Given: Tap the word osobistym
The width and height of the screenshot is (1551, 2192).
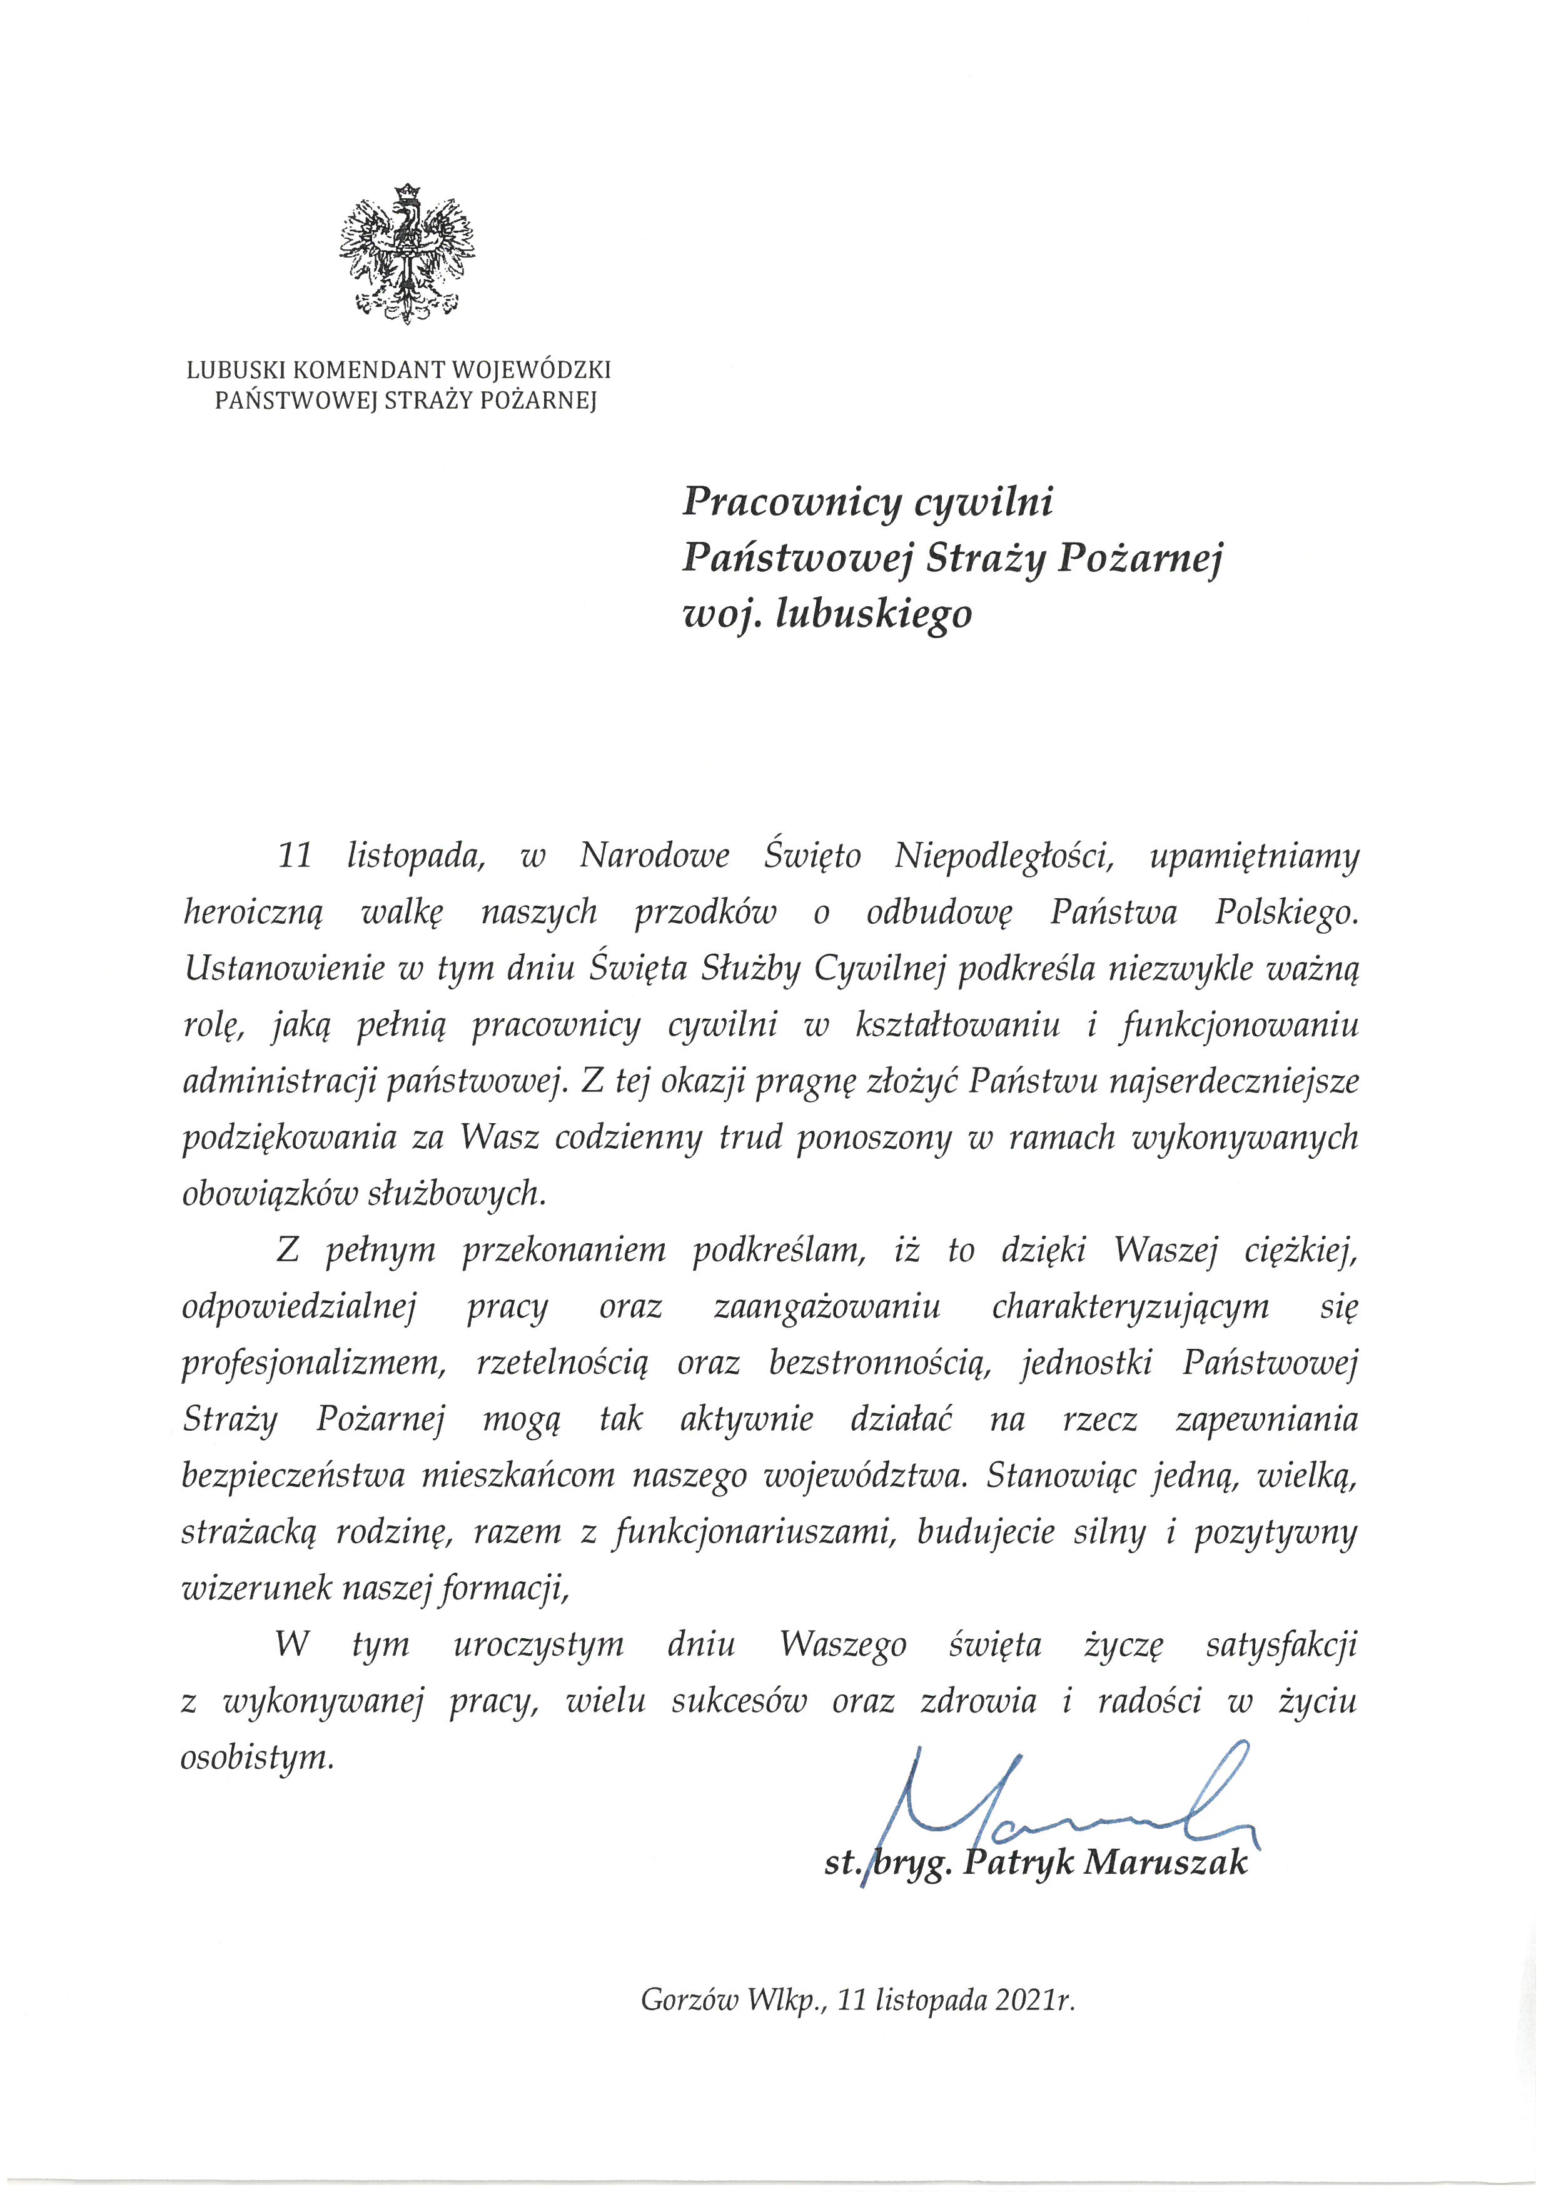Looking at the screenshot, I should point(258,1759).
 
